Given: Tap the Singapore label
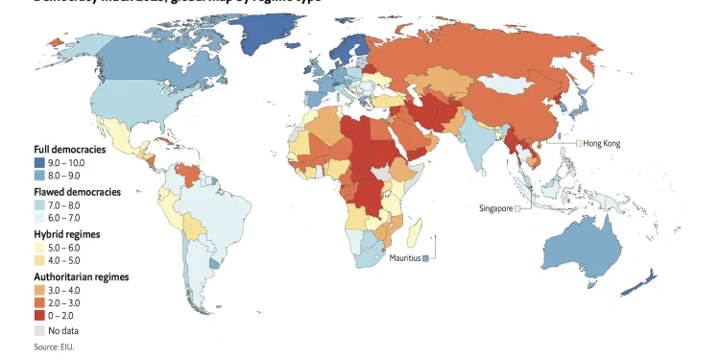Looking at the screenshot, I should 495,208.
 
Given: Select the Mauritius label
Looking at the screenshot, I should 404,258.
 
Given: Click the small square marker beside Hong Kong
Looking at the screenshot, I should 579,143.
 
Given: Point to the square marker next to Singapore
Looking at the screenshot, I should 517,208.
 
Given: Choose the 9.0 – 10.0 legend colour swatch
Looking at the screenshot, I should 39,163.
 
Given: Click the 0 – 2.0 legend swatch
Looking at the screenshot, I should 39,314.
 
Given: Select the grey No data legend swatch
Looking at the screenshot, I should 39,330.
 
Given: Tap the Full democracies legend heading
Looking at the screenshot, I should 70,150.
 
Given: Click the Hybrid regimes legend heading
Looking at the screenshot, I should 67,234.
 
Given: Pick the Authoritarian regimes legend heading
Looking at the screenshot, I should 81,276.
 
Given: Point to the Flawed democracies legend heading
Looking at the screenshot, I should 77,192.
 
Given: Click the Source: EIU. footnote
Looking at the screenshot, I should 54,347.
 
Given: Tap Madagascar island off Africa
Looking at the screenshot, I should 415,231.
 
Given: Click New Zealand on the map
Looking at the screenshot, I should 643,284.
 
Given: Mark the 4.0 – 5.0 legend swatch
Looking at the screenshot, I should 39,260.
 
